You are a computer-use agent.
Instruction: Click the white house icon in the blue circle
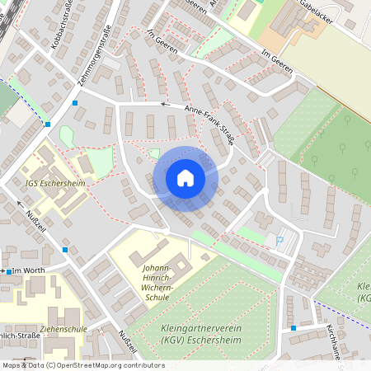185,178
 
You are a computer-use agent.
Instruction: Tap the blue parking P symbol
279,241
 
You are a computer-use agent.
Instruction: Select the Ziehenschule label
63,327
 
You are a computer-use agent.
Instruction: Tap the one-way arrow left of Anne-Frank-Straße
163,105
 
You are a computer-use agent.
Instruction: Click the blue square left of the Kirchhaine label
293,328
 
